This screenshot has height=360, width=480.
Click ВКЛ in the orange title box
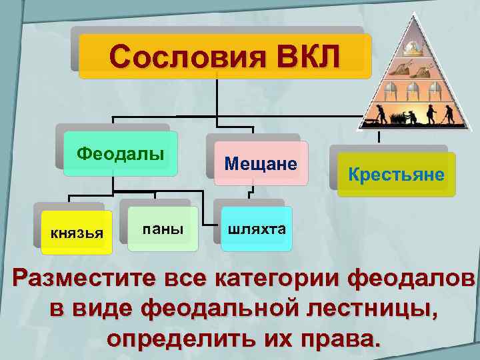point(303,57)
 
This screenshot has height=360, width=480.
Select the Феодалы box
point(121,154)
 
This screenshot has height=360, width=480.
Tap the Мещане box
point(261,163)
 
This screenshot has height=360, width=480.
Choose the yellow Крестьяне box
point(396,175)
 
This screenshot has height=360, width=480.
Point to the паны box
point(163,229)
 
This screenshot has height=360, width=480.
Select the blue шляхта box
point(257,229)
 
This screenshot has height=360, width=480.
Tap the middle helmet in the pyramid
point(411,90)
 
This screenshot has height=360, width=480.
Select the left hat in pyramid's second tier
point(401,67)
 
